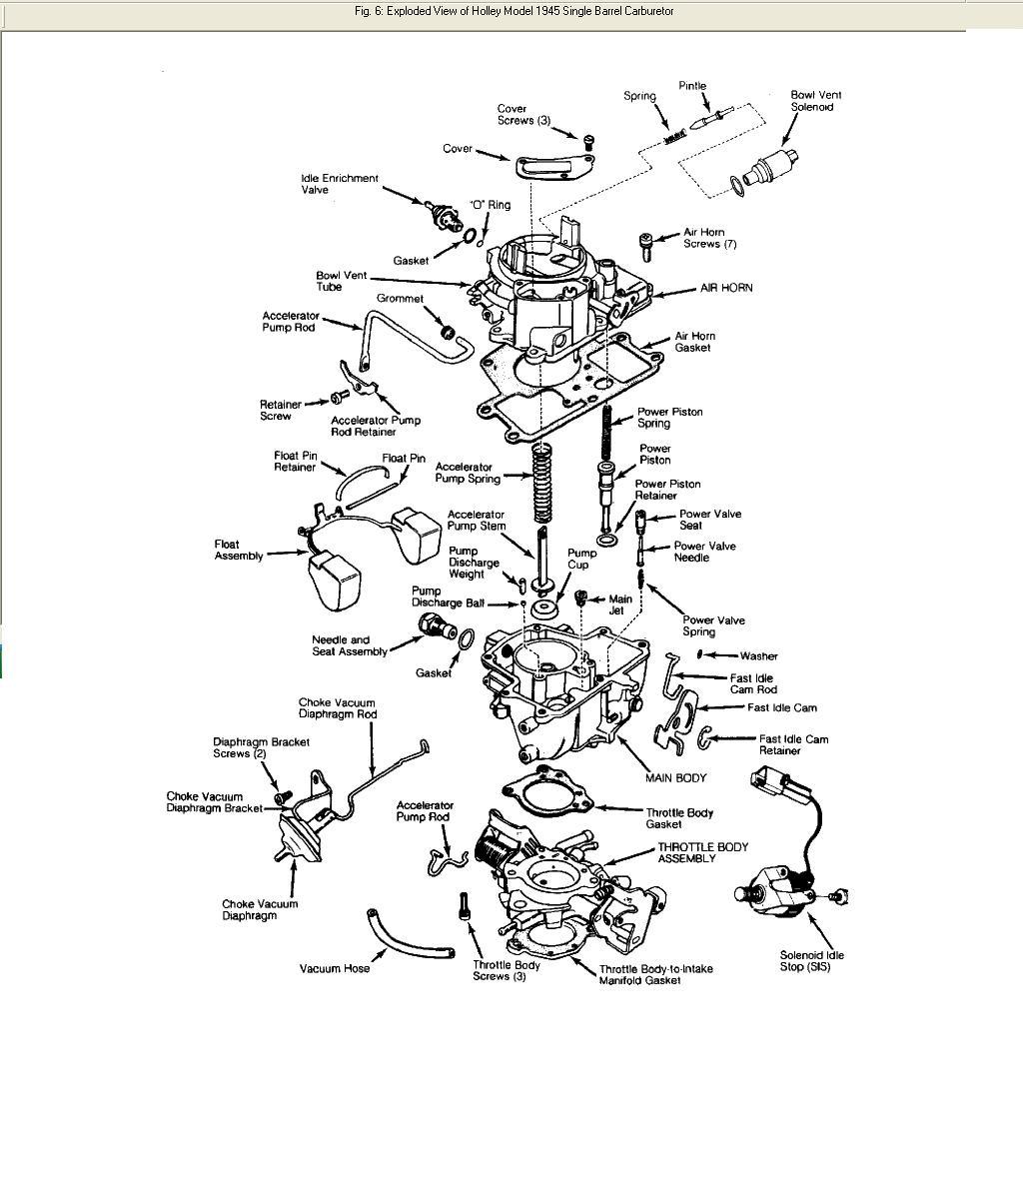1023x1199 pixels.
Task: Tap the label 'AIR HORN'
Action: [726, 288]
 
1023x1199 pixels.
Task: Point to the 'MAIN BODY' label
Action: [676, 777]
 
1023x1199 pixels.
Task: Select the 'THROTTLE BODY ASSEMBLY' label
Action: [702, 853]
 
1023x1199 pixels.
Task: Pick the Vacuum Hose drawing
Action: [410, 934]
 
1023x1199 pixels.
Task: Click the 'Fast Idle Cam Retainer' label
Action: [794, 744]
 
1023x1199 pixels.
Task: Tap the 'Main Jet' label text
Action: [620, 604]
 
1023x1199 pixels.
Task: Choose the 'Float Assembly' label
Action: [239, 551]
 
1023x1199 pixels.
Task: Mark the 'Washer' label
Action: [759, 656]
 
